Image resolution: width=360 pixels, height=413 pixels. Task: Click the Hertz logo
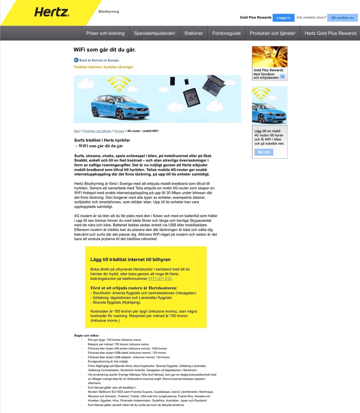point(52,12)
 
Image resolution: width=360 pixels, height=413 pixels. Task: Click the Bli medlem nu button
point(342,18)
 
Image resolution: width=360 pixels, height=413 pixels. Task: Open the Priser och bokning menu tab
point(105,33)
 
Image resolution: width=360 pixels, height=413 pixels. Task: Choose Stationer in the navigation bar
point(194,33)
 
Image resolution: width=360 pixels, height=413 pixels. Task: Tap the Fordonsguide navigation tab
point(226,33)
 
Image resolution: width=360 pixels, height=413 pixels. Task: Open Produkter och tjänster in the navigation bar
point(272,33)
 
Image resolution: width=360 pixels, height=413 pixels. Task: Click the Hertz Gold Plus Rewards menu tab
point(330,33)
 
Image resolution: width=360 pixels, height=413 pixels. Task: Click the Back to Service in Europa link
point(99,60)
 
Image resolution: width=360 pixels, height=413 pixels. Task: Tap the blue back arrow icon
point(76,60)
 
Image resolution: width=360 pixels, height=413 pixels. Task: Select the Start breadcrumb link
point(77,131)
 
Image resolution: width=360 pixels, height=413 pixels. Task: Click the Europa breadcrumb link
point(119,131)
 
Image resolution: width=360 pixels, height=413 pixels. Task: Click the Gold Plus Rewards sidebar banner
point(269,63)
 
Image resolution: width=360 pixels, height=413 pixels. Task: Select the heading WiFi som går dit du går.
point(104,50)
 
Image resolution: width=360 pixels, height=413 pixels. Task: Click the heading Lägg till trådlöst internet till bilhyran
point(130,260)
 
